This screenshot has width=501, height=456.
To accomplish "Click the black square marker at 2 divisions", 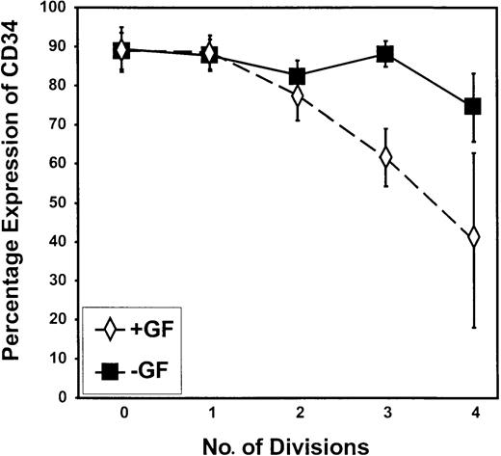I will click(298, 76).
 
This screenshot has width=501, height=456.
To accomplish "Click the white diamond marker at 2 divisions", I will click(298, 96).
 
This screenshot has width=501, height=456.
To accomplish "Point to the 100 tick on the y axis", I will click(66, 9).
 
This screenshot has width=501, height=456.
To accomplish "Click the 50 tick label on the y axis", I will click(70, 202).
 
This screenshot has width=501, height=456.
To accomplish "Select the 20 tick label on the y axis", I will click(70, 319).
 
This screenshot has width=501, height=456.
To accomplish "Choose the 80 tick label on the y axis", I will click(70, 87).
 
